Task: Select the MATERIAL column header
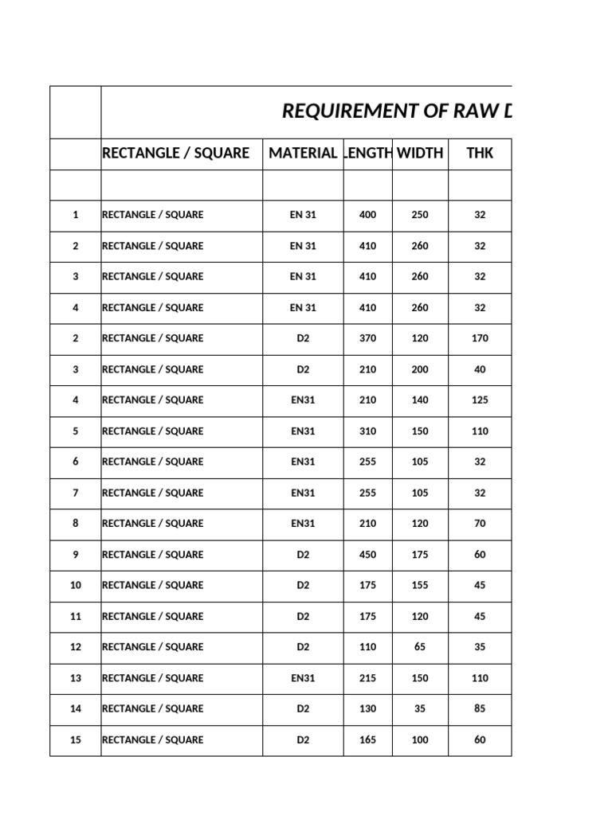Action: tap(303, 153)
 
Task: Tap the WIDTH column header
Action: tap(420, 153)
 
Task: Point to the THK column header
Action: tap(480, 153)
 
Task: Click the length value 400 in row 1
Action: tap(367, 215)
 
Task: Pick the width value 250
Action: tap(420, 215)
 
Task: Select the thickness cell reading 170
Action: tap(480, 338)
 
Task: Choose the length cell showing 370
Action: tap(367, 338)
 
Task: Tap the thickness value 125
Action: tap(480, 400)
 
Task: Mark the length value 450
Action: tap(367, 555)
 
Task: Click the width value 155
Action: tap(420, 586)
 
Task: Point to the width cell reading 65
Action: tap(420, 647)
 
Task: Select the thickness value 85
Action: tap(480, 709)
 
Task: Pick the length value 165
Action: tap(367, 740)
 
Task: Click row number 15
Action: tap(76, 740)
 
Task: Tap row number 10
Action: tap(76, 586)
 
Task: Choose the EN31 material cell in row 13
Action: tap(303, 678)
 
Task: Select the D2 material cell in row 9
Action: tap(303, 555)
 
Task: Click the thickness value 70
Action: tap(480, 524)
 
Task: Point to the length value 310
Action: tap(367, 431)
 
